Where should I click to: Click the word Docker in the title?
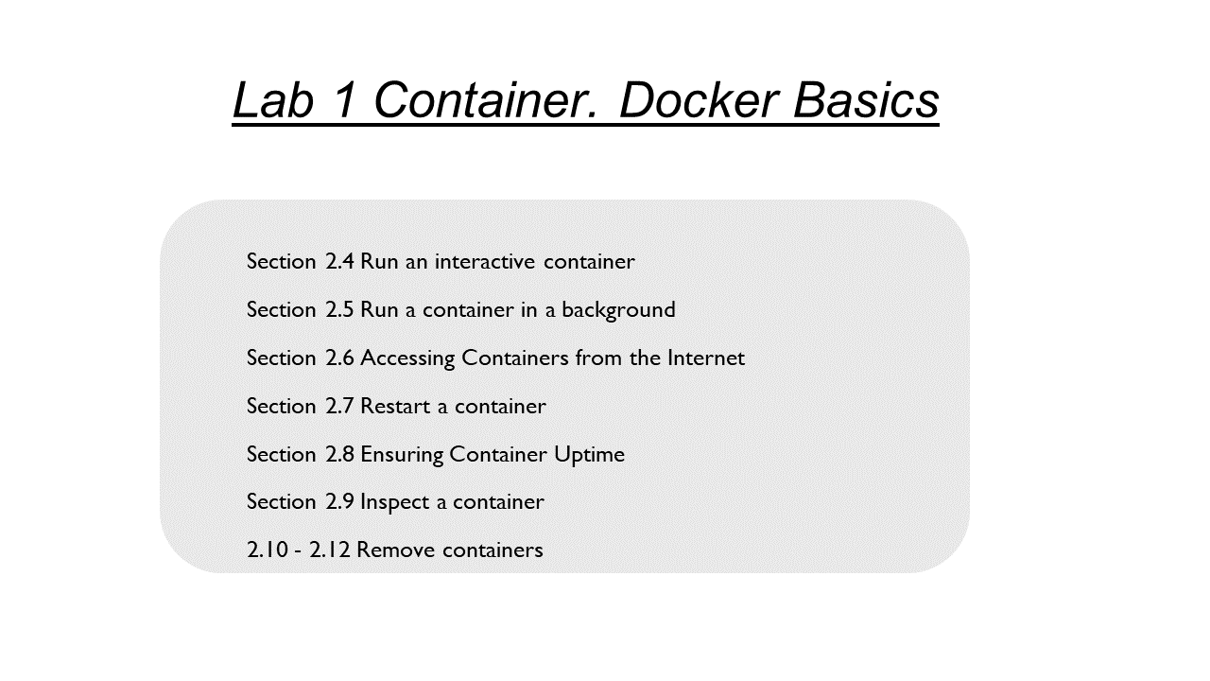699,100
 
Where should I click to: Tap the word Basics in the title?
866,100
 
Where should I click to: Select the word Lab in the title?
273,100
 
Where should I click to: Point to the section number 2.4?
339,262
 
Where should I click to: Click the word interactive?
485,262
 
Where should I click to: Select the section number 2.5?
339,309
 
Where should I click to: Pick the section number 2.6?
339,358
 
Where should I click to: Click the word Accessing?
407,358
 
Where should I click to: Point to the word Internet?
706,358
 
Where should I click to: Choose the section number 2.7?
339,406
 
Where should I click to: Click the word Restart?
395,406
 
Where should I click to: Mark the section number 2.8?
339,454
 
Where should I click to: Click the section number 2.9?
339,501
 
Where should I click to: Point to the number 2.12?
330,550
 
